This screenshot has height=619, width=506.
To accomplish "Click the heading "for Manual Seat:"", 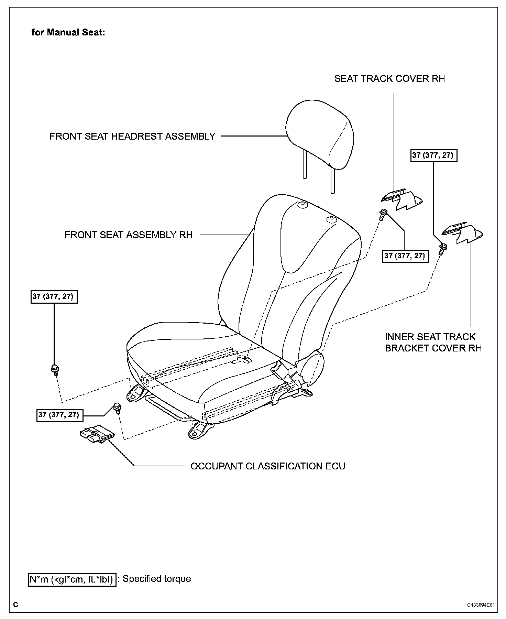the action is [68, 33].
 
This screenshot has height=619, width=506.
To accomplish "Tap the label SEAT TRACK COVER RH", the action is [389, 79].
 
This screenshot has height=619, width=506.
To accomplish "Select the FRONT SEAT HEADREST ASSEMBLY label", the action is [132, 137].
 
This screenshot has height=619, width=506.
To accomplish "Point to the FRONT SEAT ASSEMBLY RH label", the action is [129, 235].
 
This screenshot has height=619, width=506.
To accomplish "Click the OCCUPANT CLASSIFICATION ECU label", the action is [268, 466].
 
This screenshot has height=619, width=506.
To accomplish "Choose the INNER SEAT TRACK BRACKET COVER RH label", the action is [433, 343].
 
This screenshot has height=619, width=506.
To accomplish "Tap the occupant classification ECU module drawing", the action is [96, 435].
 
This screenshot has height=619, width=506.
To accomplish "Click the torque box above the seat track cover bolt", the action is [406, 256].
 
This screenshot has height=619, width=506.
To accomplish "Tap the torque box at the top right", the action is [433, 155].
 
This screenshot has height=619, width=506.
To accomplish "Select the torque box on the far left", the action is [54, 296].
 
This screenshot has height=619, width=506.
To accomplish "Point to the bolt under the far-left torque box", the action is [54, 369].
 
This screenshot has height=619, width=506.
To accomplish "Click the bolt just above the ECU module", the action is [117, 408].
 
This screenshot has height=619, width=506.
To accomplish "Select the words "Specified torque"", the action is [157, 579].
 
